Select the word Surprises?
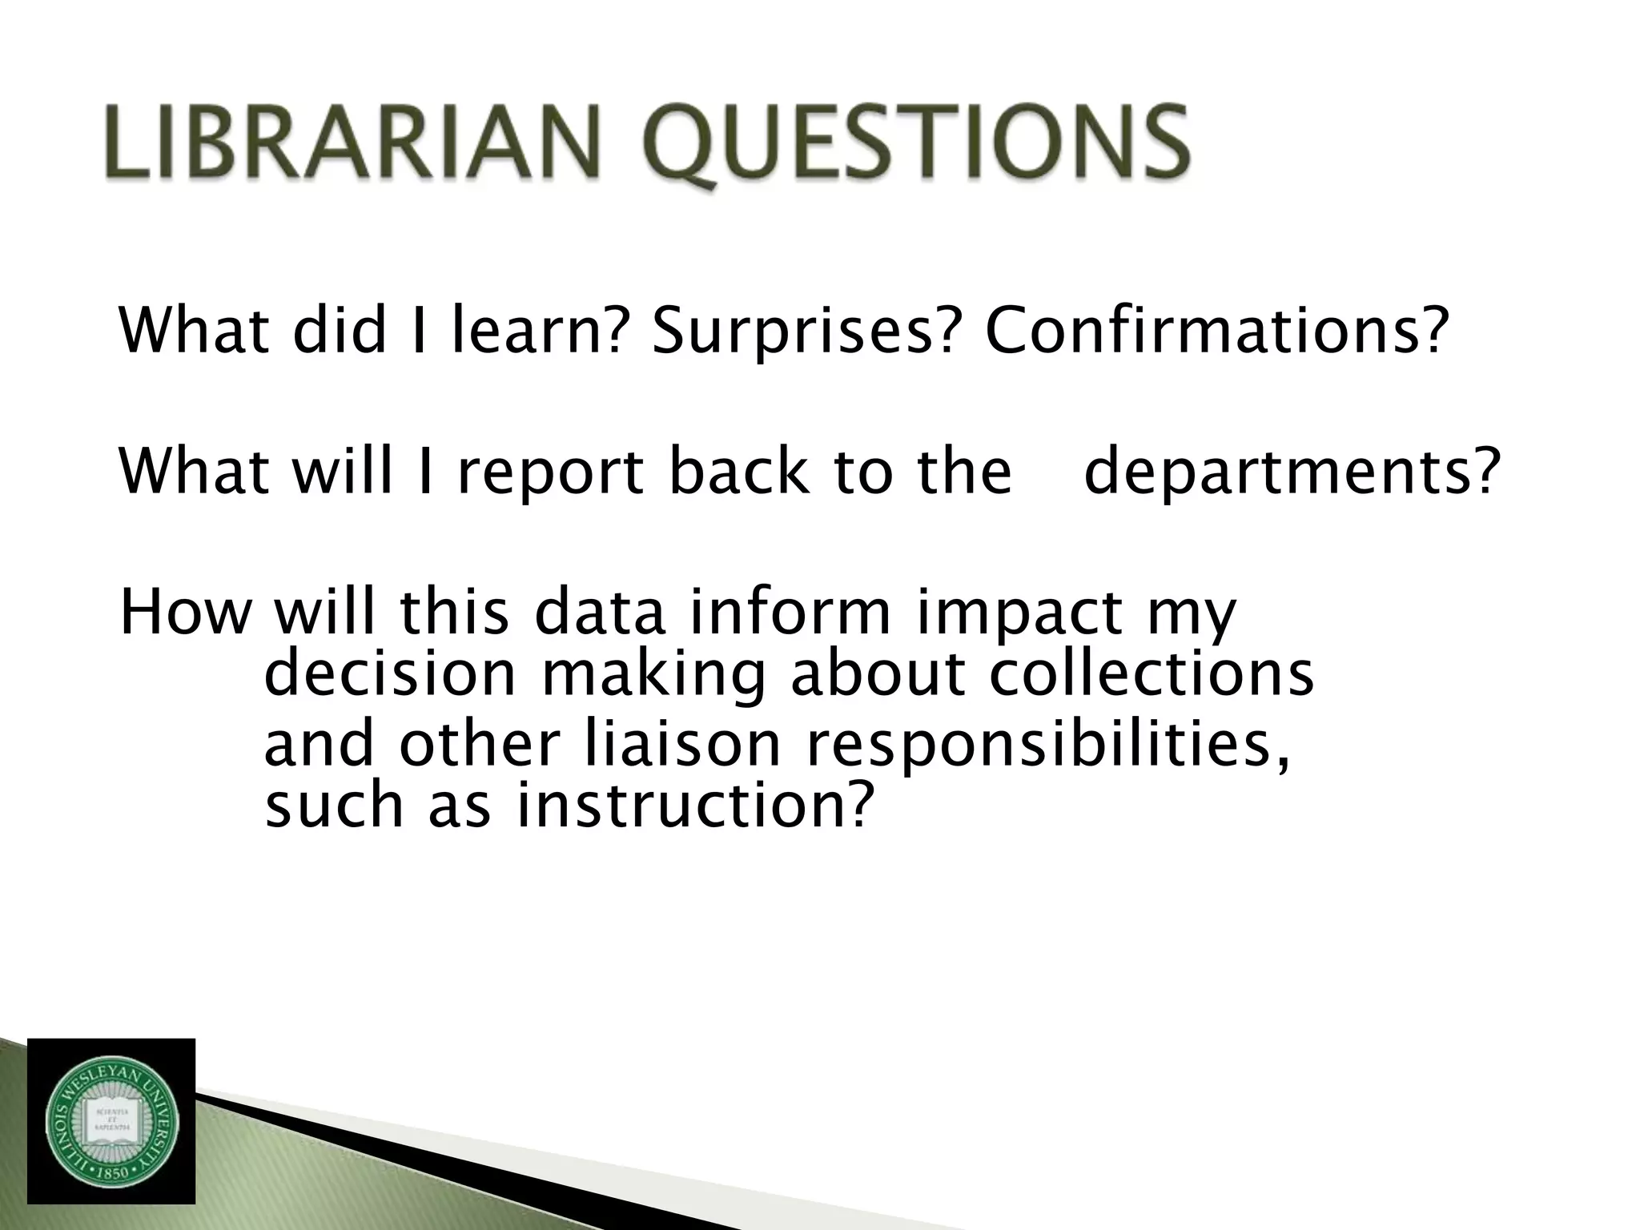tap(804, 332)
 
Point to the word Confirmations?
tap(1217, 332)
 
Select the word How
tap(185, 613)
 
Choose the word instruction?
tap(693, 806)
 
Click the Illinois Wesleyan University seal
tap(111, 1122)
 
